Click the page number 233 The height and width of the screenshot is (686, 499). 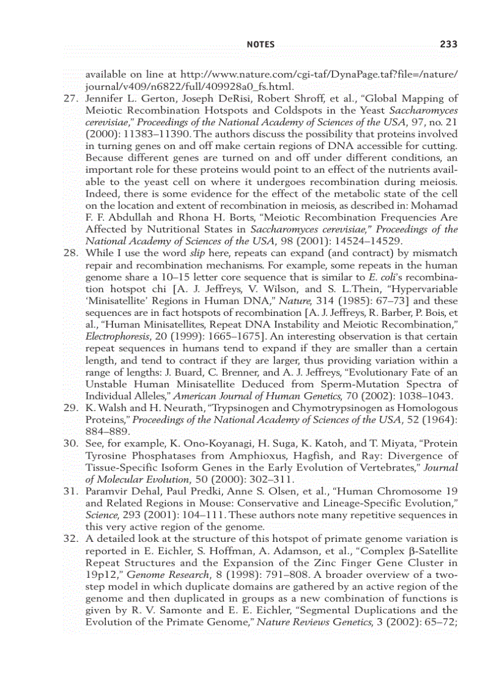[448, 44]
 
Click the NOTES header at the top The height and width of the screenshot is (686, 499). [260, 45]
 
